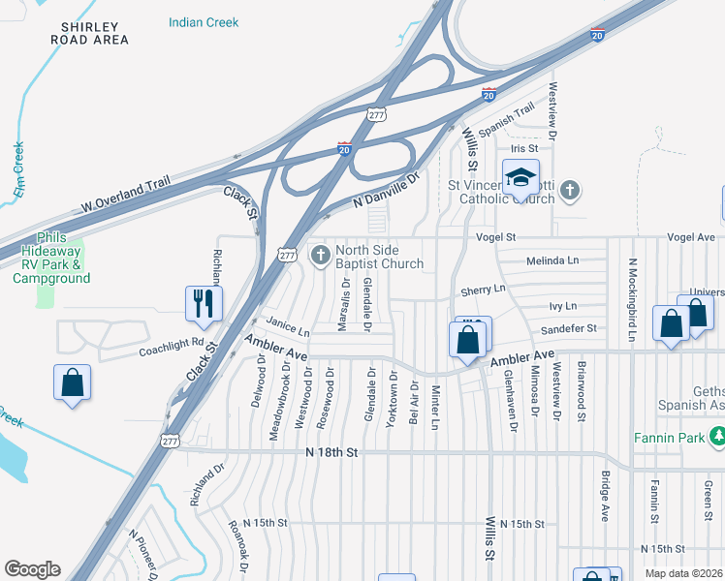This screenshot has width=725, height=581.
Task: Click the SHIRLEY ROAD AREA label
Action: click(x=89, y=33)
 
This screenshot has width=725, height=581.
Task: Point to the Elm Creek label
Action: click(x=18, y=171)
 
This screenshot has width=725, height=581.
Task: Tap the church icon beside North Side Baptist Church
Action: click(x=321, y=256)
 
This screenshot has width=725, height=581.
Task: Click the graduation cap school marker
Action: click(x=520, y=178)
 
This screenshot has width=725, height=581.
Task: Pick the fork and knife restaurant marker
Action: click(x=204, y=302)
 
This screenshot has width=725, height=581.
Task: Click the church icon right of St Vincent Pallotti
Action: click(x=570, y=189)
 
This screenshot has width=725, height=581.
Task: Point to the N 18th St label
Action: click(x=331, y=452)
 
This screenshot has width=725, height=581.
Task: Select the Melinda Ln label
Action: click(x=552, y=260)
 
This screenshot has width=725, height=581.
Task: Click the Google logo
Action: click(x=32, y=569)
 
